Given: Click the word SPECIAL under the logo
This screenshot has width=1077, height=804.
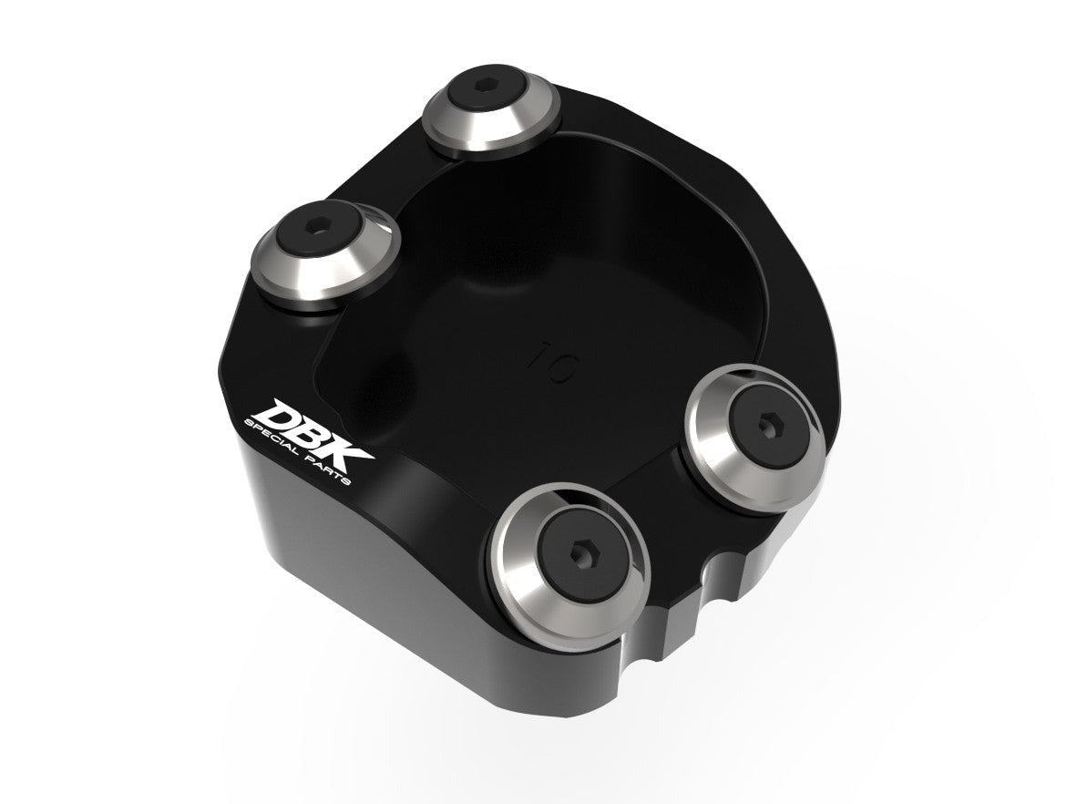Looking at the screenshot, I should pos(272,437).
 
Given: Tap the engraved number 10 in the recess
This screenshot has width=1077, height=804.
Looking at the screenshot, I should pos(554,362).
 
